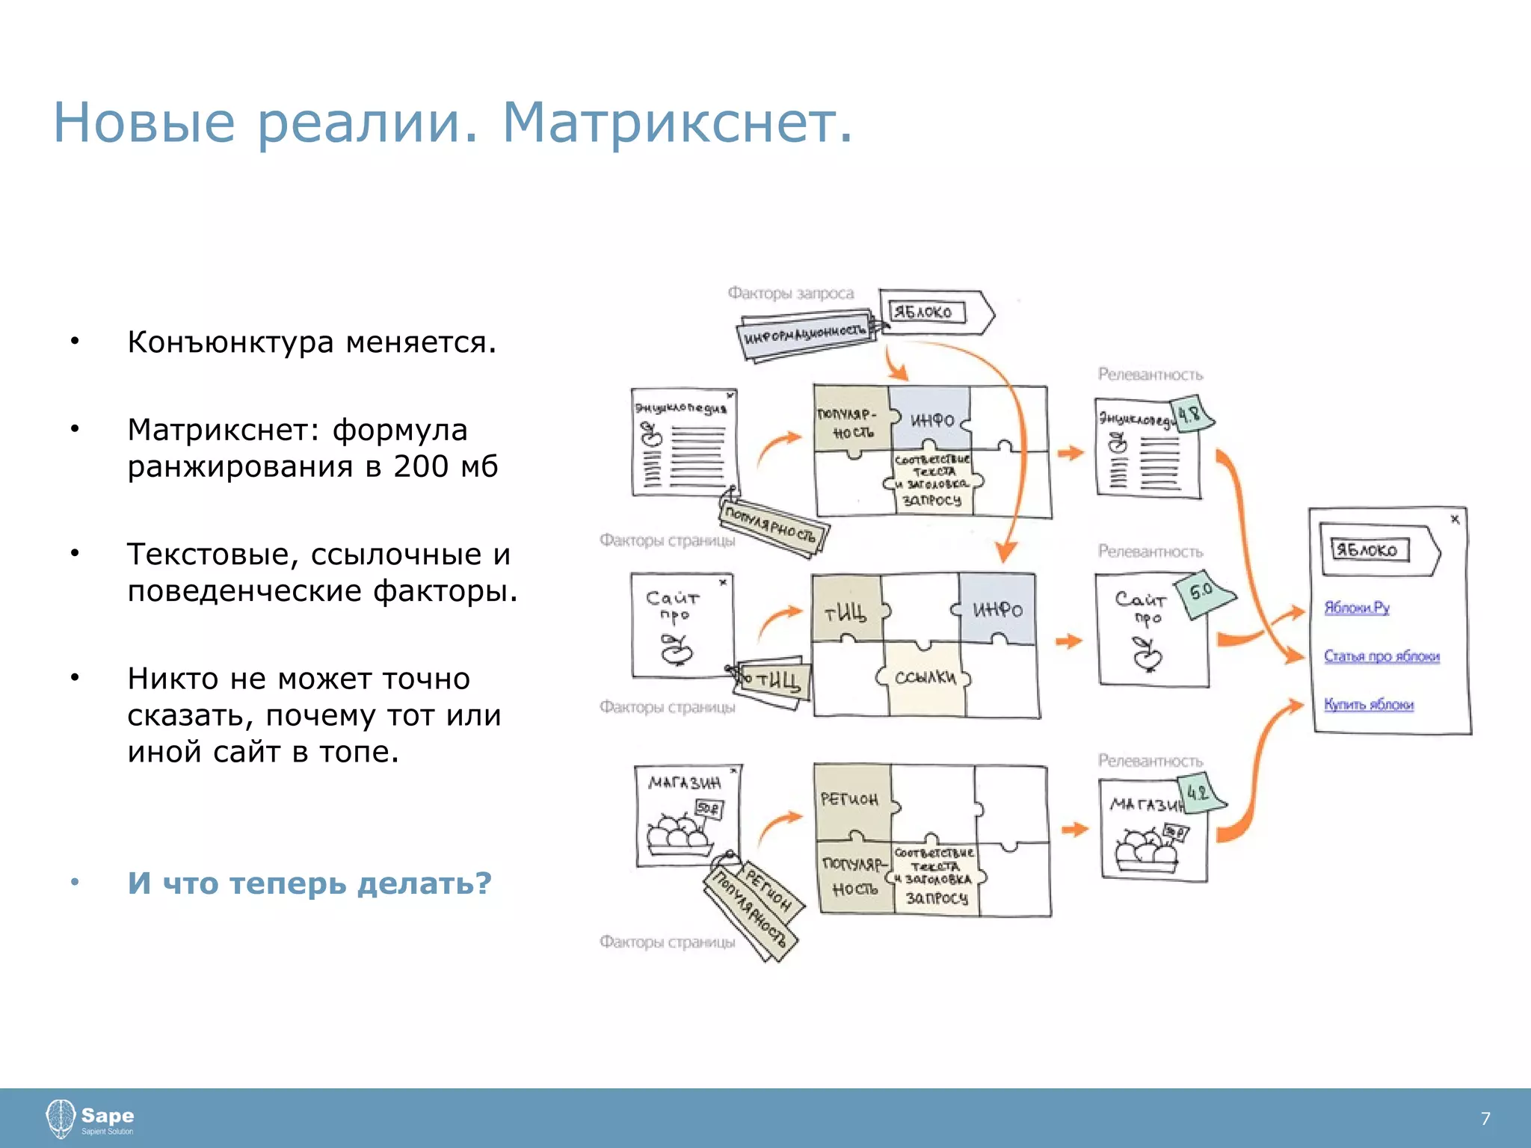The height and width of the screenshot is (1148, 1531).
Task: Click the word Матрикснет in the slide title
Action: click(x=677, y=123)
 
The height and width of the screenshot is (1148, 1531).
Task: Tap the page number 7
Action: click(x=1485, y=1118)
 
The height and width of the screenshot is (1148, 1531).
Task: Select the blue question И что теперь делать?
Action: click(x=309, y=883)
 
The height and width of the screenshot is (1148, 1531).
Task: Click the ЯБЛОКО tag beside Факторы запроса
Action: click(x=925, y=312)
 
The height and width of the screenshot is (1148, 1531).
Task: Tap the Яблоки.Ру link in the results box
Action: click(x=1356, y=607)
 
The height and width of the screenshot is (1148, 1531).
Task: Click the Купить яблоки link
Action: click(x=1368, y=704)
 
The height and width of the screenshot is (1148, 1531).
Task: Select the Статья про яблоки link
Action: click(x=1381, y=655)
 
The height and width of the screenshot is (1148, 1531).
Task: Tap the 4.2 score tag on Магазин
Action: click(x=1198, y=792)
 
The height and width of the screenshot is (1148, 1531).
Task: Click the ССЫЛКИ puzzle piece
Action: click(x=925, y=677)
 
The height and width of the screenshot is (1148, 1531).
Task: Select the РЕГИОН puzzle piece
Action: click(x=850, y=800)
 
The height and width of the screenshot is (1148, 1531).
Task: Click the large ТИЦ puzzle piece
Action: click(x=845, y=613)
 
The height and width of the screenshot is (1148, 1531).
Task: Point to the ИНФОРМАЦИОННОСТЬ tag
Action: click(x=805, y=335)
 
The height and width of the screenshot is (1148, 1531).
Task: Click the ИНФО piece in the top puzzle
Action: click(x=931, y=421)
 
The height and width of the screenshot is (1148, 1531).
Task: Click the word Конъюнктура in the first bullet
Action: click(x=230, y=342)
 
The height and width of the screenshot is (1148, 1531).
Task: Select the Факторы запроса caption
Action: click(x=790, y=293)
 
